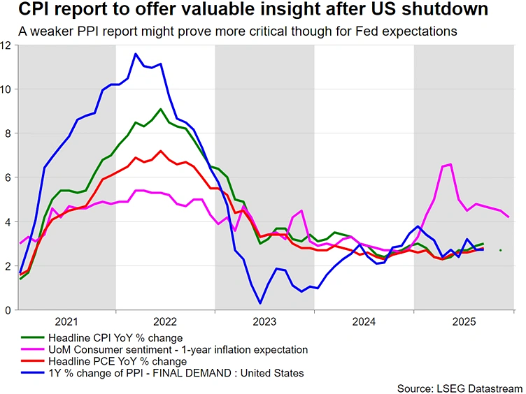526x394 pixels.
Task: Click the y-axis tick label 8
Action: (x=7, y=133)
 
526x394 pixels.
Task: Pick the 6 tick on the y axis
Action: (x=7, y=177)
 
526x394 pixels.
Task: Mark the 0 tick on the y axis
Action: (x=7, y=310)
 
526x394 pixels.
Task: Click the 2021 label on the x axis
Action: (x=66, y=322)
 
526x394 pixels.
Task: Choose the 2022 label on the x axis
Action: (x=166, y=322)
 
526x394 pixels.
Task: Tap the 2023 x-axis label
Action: (x=265, y=322)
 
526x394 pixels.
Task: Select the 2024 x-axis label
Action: (x=364, y=322)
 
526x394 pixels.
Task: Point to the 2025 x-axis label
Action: (x=464, y=322)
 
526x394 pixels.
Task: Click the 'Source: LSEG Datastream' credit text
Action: (x=460, y=388)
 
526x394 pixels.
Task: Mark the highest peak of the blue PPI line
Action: (x=135, y=54)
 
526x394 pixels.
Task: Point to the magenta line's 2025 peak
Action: (x=450, y=164)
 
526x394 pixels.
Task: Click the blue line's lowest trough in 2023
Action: (x=260, y=303)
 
